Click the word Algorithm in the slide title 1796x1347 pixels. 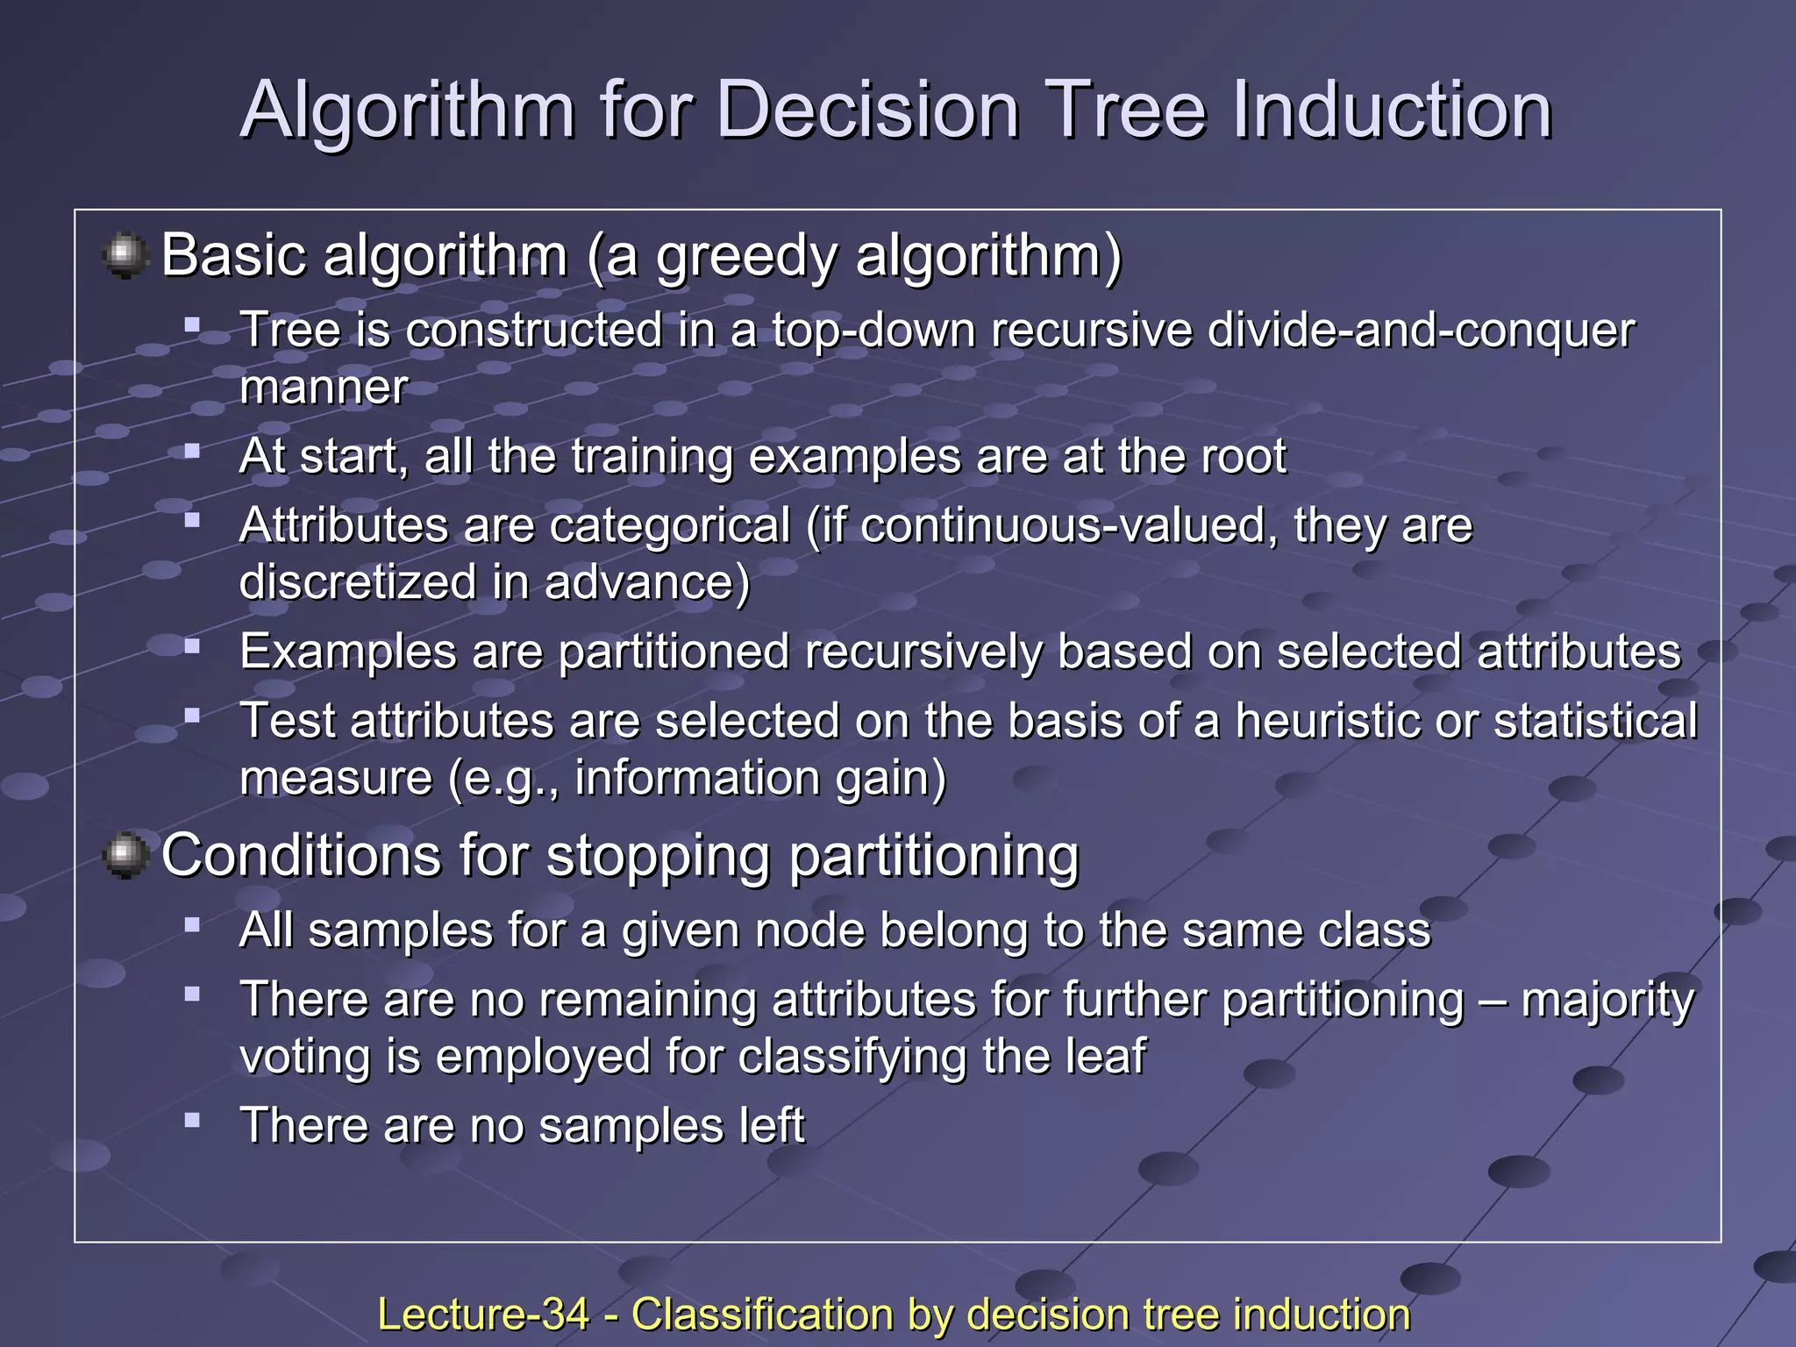pyautogui.click(x=408, y=111)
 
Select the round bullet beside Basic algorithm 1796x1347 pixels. pyautogui.click(x=125, y=255)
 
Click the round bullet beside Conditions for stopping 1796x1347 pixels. pyautogui.click(x=125, y=855)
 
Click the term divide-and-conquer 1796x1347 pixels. pyautogui.click(x=1421, y=331)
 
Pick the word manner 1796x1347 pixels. pyautogui.click(x=324, y=388)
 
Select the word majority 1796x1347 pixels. pyautogui.click(x=1607, y=1000)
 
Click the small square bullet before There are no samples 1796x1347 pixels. pyautogui.click(x=193, y=1120)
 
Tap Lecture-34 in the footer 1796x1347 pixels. pyautogui.click(x=482, y=1315)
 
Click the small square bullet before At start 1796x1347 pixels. pyautogui.click(x=193, y=451)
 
